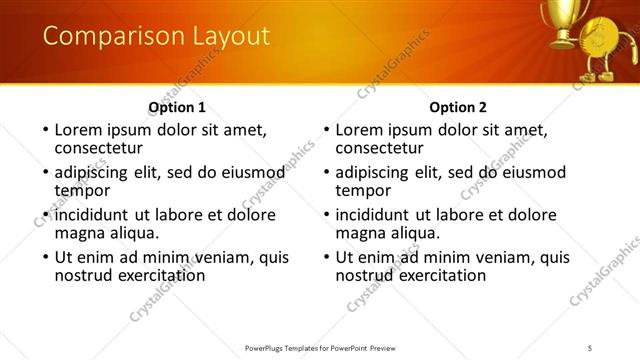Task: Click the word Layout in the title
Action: [223, 36]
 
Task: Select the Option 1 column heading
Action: [177, 107]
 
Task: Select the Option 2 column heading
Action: [458, 107]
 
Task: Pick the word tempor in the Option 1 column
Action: [82, 190]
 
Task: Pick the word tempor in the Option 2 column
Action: [363, 190]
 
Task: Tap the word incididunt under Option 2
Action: [380, 214]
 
